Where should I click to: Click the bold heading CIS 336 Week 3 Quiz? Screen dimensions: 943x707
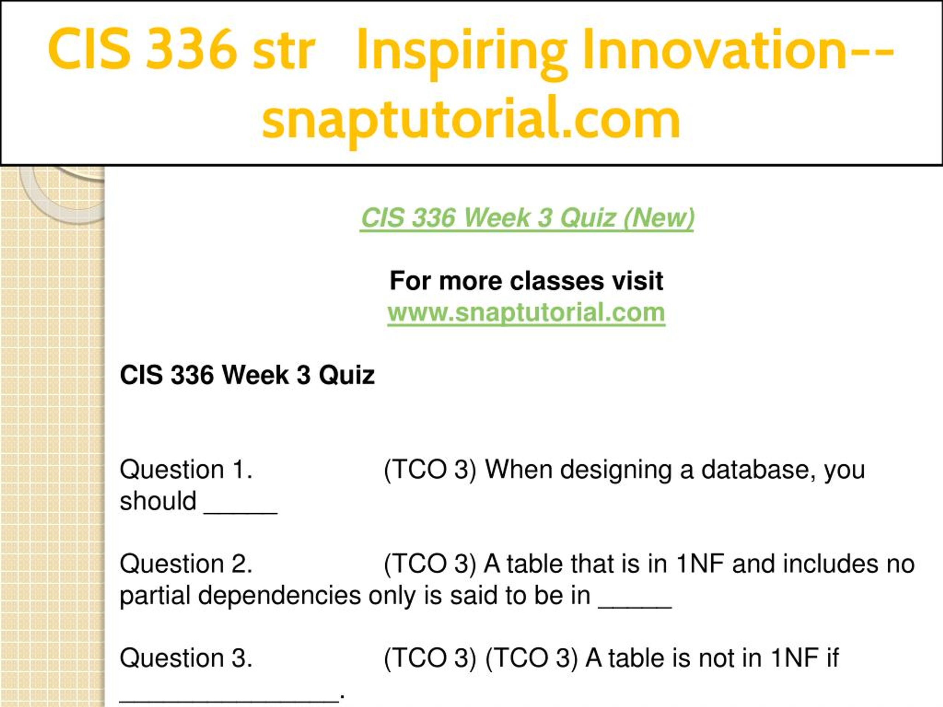[x=247, y=375]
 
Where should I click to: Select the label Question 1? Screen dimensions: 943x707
[x=186, y=469]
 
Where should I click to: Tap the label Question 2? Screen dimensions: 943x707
[x=186, y=564]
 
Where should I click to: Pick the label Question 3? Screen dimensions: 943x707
[x=186, y=658]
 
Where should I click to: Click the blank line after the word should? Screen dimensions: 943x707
[x=241, y=514]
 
